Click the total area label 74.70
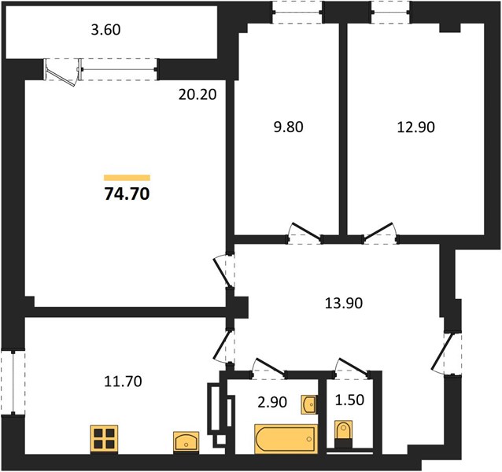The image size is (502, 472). click(x=127, y=194)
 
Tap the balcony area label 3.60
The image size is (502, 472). click(x=105, y=30)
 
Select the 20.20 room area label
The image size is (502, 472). click(x=197, y=94)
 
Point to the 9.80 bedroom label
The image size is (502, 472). click(x=289, y=127)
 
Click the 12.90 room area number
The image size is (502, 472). click(x=416, y=127)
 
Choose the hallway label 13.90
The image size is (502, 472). click(x=344, y=303)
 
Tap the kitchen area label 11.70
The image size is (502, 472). click(x=124, y=382)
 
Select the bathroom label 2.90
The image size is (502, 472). click(x=272, y=402)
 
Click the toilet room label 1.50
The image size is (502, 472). click(x=349, y=400)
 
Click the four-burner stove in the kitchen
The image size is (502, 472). click(x=104, y=439)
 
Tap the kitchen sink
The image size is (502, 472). click(x=186, y=442)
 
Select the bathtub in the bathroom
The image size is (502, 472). click(x=286, y=439)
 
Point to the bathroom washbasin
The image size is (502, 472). click(x=309, y=405)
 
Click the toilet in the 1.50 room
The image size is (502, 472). click(x=344, y=434)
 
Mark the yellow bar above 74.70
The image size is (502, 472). click(x=127, y=178)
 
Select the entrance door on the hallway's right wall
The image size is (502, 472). click(x=447, y=353)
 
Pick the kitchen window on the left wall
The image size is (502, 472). click(x=13, y=383)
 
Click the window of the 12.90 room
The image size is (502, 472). click(x=391, y=12)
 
